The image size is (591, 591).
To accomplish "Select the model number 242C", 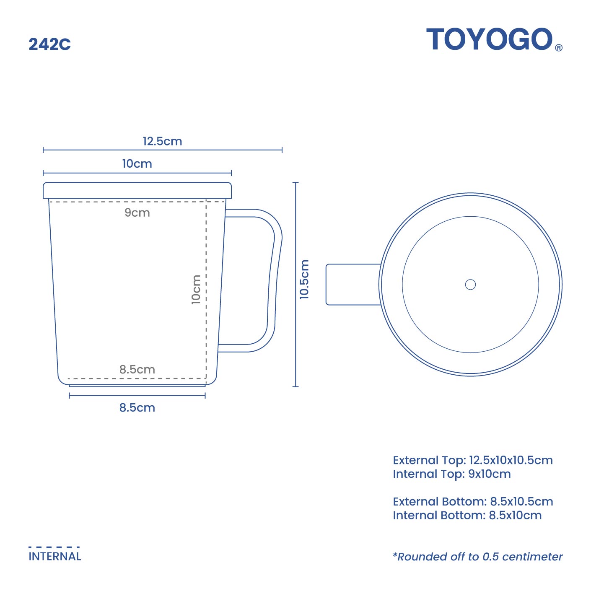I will (x=49, y=44).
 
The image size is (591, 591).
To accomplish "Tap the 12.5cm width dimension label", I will (x=162, y=141).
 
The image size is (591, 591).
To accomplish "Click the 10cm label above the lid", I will (x=137, y=164).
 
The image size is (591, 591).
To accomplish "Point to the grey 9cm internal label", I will (x=137, y=213).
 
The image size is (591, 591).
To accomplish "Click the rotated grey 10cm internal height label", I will (x=196, y=289).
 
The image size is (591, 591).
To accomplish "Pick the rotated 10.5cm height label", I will (x=304, y=279).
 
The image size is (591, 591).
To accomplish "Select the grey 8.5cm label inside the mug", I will (x=137, y=369).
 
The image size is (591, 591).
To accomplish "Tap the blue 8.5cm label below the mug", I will (x=137, y=408).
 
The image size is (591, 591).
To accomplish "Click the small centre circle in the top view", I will (x=470, y=285).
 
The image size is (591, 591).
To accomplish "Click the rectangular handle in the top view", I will (x=353, y=284).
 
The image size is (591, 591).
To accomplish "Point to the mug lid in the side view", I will (x=137, y=190).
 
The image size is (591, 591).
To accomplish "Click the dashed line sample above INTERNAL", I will (x=54, y=547).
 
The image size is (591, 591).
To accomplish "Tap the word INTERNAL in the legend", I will (x=54, y=557).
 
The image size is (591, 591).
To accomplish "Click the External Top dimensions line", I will (x=472, y=460).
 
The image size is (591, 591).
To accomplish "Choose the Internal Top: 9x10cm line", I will (x=451, y=474).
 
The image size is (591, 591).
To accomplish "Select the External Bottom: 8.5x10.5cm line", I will (x=472, y=502).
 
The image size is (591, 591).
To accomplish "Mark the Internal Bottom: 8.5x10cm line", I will (x=467, y=516).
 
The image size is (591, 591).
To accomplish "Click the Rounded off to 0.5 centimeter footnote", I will (x=477, y=557).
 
